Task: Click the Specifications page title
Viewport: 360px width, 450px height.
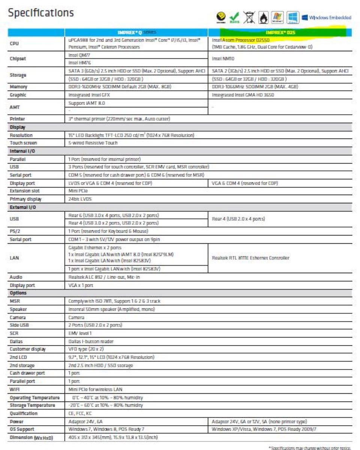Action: (41, 13)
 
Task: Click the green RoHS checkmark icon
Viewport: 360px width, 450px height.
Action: (234, 17)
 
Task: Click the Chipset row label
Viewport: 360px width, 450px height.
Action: (18, 58)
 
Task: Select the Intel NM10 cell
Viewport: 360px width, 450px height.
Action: (222, 58)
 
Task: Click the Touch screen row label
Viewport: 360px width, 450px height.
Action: (24, 142)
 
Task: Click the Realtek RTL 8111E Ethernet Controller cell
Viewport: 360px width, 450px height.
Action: (250, 258)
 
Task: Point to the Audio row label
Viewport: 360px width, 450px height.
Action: (16, 277)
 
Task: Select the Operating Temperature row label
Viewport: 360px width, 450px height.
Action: (34, 397)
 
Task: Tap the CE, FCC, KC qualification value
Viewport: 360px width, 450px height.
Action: (81, 413)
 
